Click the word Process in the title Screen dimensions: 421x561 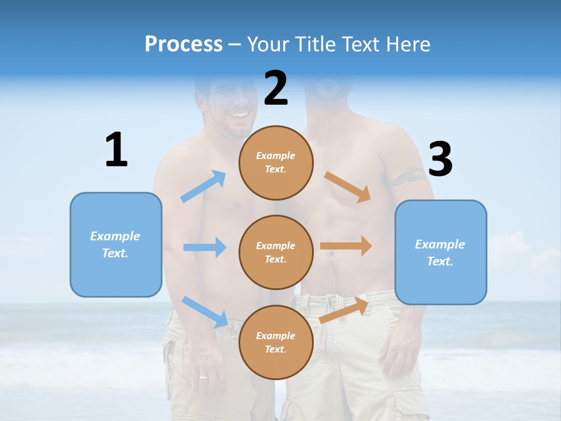183,44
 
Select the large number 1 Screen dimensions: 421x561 116,150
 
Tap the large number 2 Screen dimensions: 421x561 276,88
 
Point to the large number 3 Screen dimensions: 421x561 440,159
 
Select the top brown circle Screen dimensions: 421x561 276,163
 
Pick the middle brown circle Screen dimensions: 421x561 276,252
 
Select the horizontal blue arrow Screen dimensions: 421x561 205,247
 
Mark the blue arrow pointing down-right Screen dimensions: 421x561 205,311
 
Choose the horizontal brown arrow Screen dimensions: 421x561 346,246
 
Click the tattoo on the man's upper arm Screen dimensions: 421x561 408,175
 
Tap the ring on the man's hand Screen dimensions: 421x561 203,377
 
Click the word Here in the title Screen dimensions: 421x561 408,44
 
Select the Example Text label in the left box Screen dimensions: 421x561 115,244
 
